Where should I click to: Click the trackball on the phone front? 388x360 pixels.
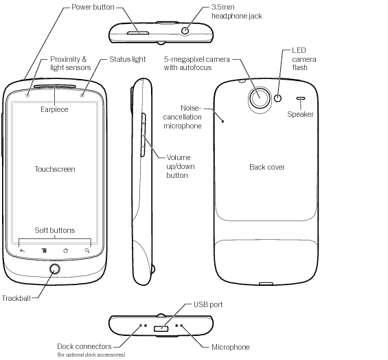[54, 269]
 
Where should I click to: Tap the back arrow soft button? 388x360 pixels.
[22, 251]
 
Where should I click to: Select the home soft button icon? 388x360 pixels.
[65, 251]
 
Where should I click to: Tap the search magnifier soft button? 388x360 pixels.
[87, 251]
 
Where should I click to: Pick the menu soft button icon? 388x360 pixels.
[44, 251]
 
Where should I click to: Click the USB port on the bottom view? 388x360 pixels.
[161, 329]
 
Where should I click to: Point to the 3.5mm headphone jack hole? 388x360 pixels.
[185, 31]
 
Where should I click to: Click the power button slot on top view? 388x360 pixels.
[138, 33]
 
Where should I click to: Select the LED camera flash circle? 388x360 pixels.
[278, 98]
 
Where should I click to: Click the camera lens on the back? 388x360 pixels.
[260, 98]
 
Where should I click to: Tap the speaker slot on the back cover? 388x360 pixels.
[300, 98]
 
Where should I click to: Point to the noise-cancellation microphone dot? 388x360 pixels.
[223, 122]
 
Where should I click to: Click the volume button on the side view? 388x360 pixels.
[143, 135]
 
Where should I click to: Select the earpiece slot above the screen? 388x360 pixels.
[55, 87]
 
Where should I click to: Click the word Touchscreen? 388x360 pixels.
[55, 169]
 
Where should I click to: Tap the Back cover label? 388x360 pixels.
[267, 167]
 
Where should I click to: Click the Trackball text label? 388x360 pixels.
[16, 298]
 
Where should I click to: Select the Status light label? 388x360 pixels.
[128, 59]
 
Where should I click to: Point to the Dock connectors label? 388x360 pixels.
[84, 346]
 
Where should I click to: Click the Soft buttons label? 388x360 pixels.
[55, 230]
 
